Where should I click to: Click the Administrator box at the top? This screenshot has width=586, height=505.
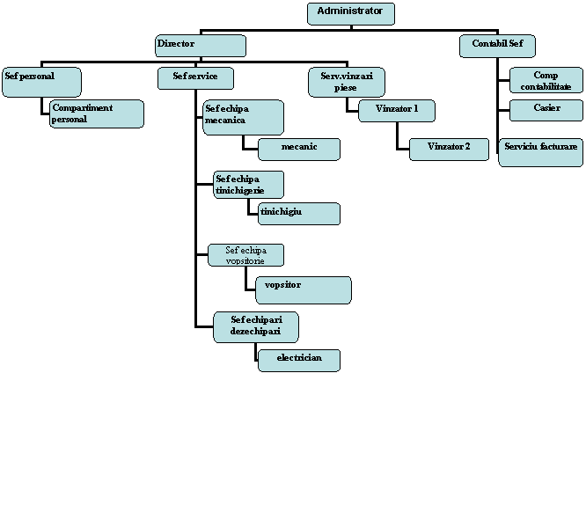click(351, 14)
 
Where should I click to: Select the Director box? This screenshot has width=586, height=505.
click(201, 46)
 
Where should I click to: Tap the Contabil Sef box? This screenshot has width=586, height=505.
click(497, 46)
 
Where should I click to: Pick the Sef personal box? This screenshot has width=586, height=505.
click(41, 82)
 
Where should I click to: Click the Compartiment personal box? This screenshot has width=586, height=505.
click(97, 113)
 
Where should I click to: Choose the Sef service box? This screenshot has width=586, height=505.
click(196, 78)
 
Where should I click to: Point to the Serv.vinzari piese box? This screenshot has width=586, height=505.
click(347, 82)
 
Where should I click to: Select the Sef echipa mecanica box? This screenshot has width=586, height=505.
click(244, 117)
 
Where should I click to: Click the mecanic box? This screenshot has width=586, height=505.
click(299, 150)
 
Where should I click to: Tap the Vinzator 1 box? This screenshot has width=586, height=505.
click(397, 111)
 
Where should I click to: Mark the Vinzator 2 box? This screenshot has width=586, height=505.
click(450, 150)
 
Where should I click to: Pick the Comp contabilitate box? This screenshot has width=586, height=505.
click(546, 80)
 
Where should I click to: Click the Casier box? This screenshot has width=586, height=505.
click(546, 110)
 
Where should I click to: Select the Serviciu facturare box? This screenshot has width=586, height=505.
click(541, 152)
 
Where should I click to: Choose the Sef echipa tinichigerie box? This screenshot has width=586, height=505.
click(248, 185)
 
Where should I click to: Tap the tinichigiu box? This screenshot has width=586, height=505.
click(299, 214)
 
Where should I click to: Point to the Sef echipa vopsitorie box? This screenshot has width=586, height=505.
click(245, 255)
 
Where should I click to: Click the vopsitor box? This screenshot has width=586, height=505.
click(304, 290)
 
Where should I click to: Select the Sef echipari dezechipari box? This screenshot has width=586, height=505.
click(256, 327)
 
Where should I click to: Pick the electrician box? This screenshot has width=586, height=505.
click(299, 361)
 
